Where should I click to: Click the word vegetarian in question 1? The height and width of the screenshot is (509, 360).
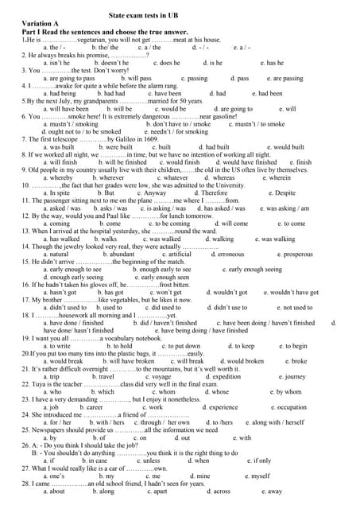pyautogui.click(x=94, y=39)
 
